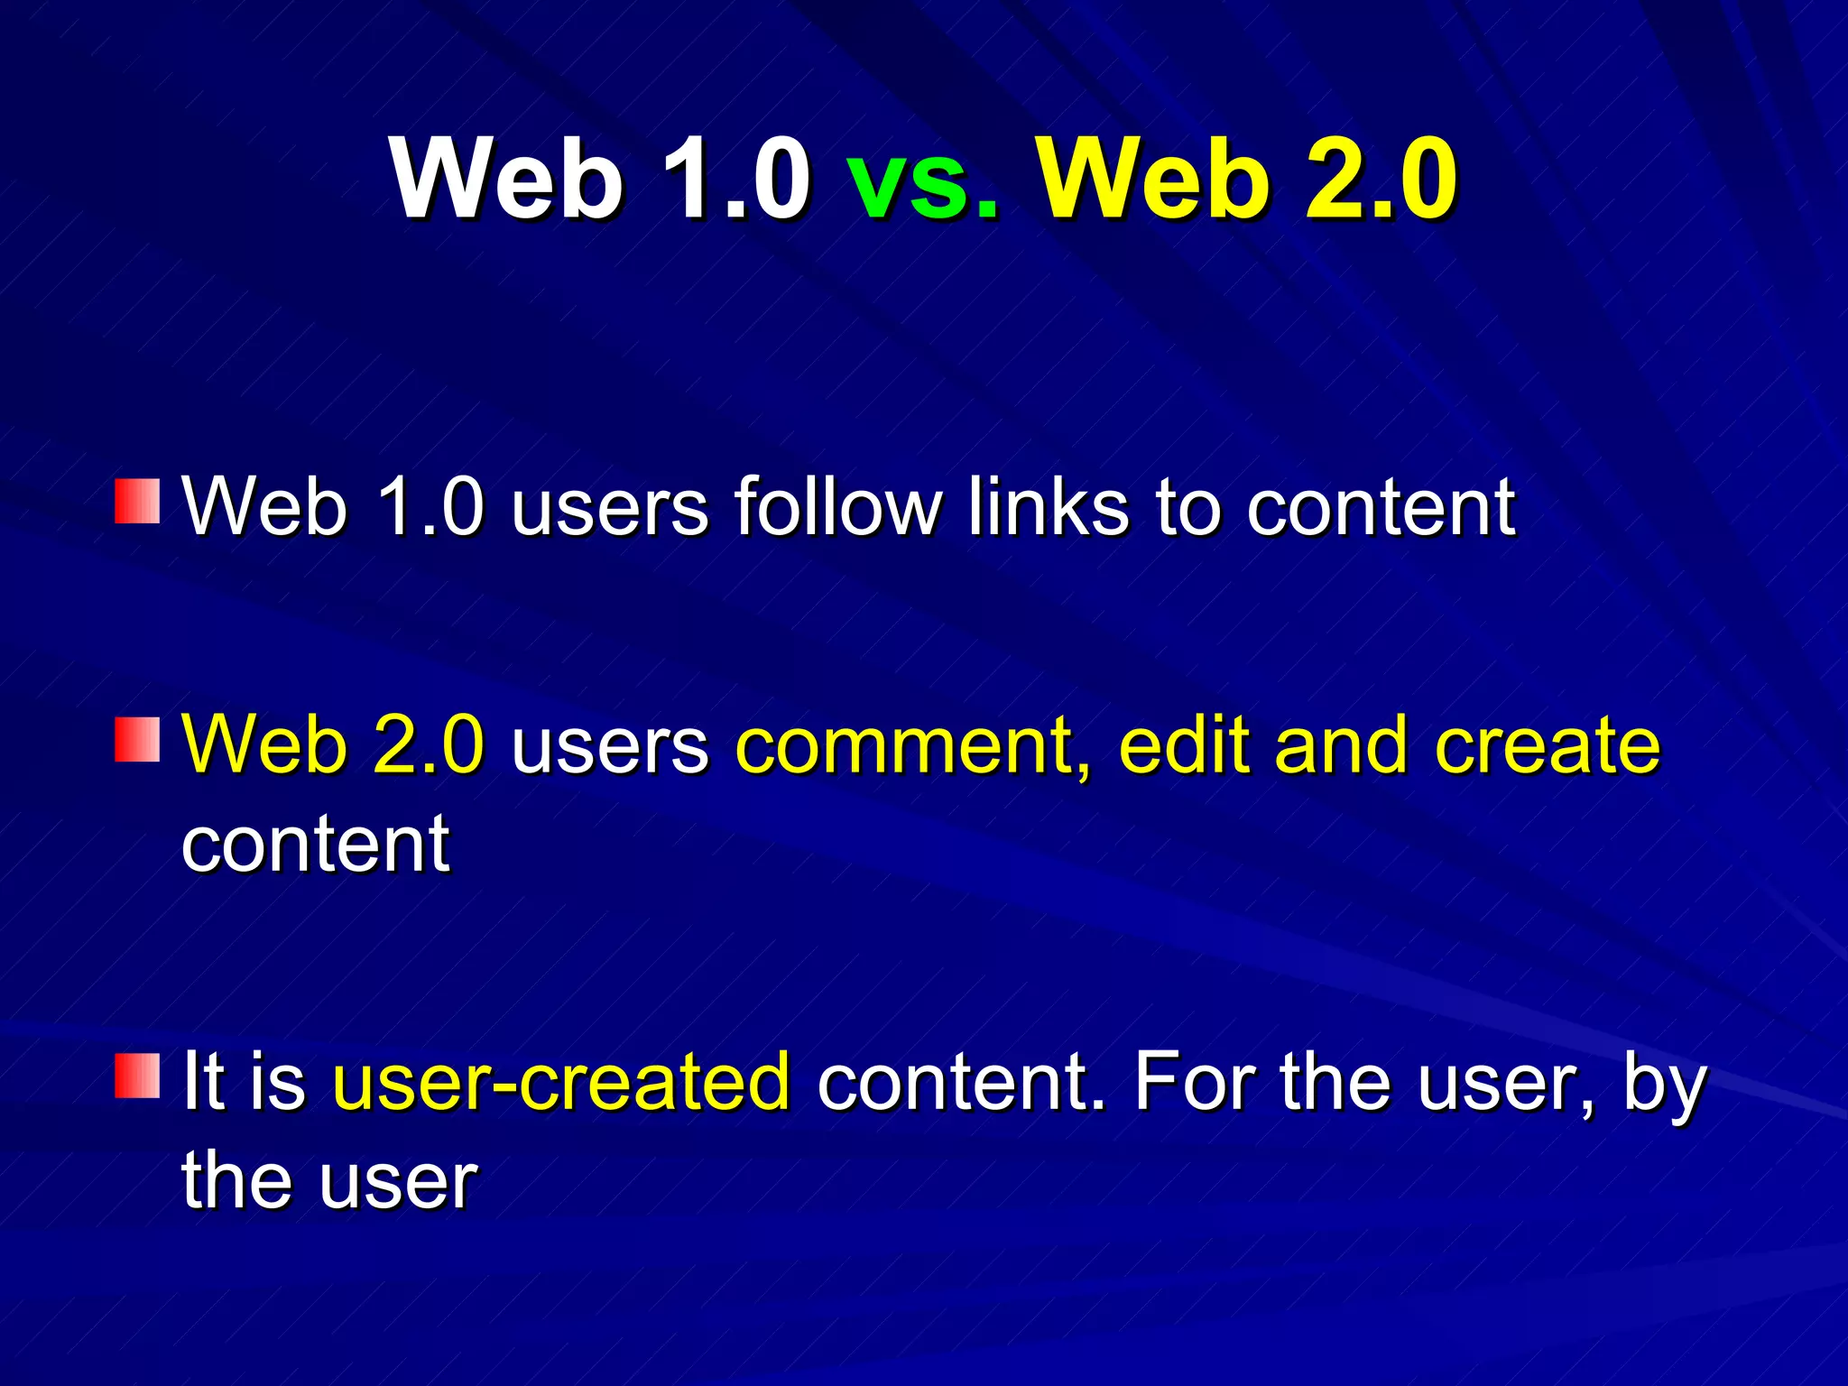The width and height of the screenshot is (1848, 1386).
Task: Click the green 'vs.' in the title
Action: tap(923, 180)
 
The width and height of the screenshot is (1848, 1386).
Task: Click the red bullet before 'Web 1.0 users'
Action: tap(137, 502)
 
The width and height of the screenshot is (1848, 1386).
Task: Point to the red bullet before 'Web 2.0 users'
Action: tap(137, 740)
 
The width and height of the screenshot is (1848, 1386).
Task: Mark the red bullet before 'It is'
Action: tap(137, 1075)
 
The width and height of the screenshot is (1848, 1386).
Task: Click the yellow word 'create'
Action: tap(1547, 745)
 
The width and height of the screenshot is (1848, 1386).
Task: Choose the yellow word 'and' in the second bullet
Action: tap(1340, 745)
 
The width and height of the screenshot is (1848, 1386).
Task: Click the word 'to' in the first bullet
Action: tap(1188, 506)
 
